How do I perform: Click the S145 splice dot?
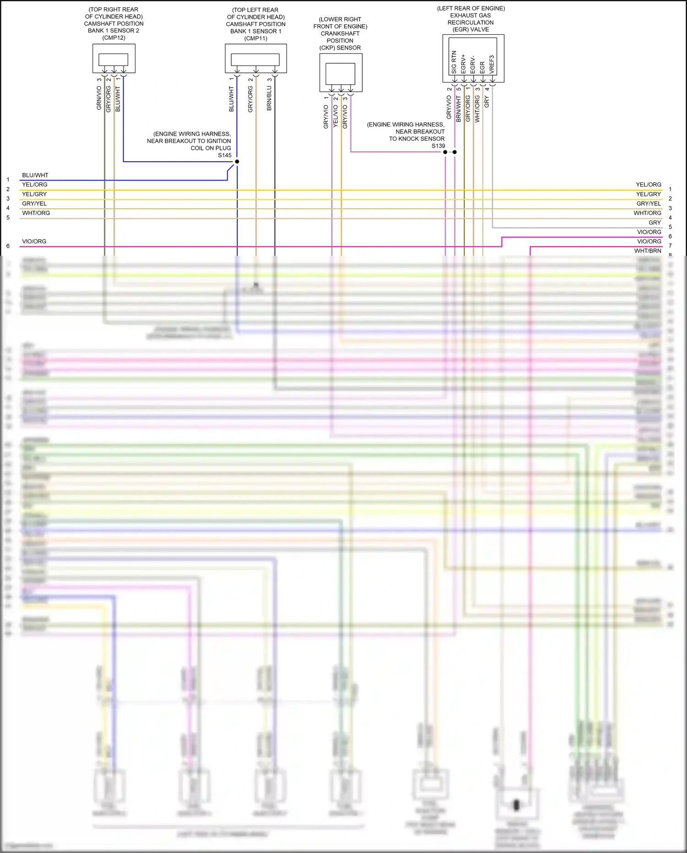[237, 162]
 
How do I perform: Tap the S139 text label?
[438, 146]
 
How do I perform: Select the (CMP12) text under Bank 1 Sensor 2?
[114, 38]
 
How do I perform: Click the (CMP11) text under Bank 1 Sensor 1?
[256, 39]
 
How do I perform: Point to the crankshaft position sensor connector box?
[340, 73]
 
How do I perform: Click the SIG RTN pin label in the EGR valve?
[454, 62]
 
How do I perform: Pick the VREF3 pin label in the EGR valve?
[492, 65]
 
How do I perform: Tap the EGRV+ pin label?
[463, 64]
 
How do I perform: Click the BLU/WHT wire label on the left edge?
[35, 175]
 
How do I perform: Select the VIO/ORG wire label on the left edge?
[34, 241]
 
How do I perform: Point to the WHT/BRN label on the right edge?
[648, 251]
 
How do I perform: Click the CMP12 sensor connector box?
[114, 59]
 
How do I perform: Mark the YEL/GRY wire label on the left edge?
[34, 194]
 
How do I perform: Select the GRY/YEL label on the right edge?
[649, 204]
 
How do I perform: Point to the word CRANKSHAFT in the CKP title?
[340, 33]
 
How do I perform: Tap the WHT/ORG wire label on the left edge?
[36, 213]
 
